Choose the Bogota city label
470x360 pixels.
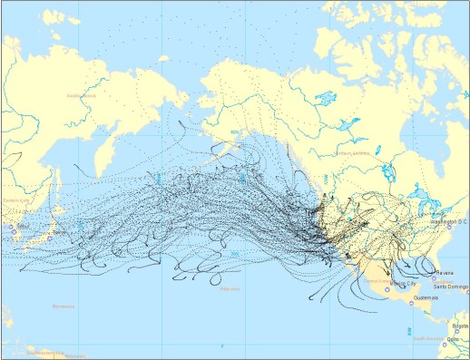tap(461, 325)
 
